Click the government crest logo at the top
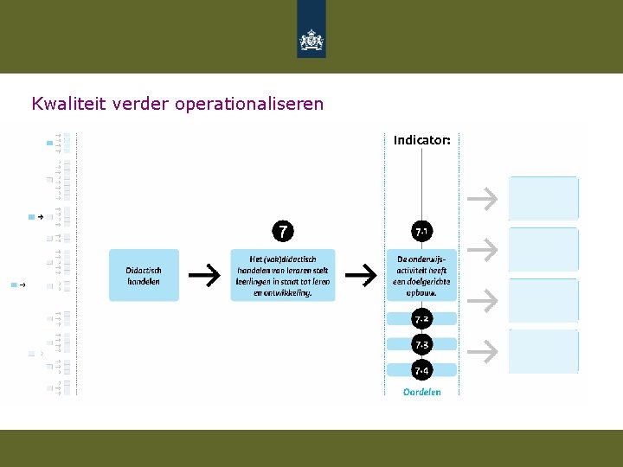pyautogui.click(x=311, y=39)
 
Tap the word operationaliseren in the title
pyautogui.click(x=249, y=105)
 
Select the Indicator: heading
pyautogui.click(x=421, y=139)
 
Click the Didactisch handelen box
pyautogui.click(x=144, y=275)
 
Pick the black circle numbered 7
pyautogui.click(x=282, y=231)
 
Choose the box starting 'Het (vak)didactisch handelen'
pyautogui.click(x=283, y=275)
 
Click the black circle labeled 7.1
pyautogui.click(x=421, y=232)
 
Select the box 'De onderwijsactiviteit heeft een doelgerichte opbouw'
pyautogui.click(x=421, y=275)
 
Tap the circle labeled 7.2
pyautogui.click(x=421, y=319)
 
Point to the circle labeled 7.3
pyautogui.click(x=421, y=345)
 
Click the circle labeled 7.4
pyautogui.click(x=421, y=371)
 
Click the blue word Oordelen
pyautogui.click(x=421, y=392)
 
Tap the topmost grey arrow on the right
pyautogui.click(x=483, y=199)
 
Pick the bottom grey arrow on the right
pyautogui.click(x=483, y=350)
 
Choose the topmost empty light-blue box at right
pyautogui.click(x=543, y=198)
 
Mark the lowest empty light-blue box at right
pyautogui.click(x=543, y=350)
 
